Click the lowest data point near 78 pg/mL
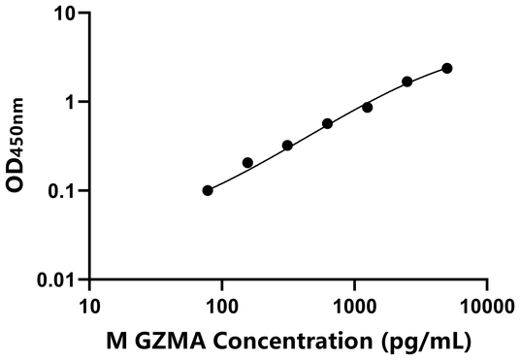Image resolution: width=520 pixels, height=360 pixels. click(x=208, y=190)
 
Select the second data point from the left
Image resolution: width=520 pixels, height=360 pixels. click(x=247, y=162)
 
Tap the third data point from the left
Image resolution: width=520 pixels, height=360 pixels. click(x=287, y=146)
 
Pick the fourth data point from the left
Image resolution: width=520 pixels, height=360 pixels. click(x=328, y=123)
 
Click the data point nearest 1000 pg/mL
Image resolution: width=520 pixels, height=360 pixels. click(x=368, y=107)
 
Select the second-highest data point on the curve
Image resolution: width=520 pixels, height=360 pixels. click(x=407, y=82)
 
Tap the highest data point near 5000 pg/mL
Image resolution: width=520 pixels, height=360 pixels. click(x=447, y=68)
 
